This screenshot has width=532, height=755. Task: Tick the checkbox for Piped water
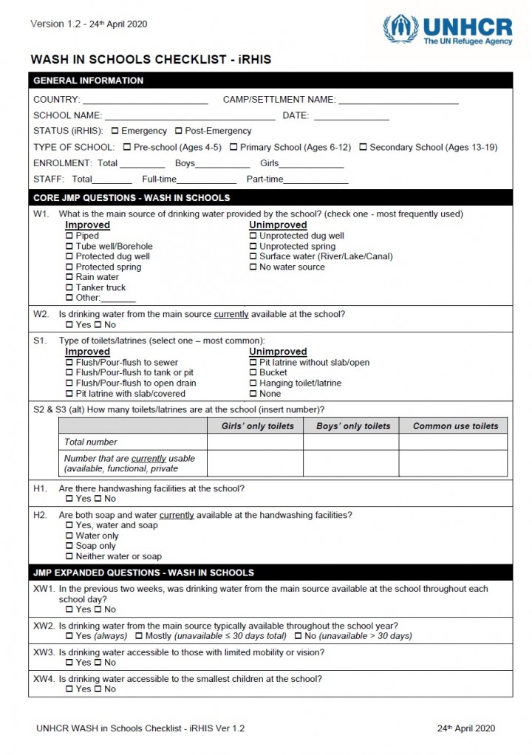tap(69, 236)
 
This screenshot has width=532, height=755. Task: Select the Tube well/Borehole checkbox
tap(69, 246)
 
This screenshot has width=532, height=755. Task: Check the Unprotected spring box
tap(253, 246)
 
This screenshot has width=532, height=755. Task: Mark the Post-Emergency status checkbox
tap(178, 131)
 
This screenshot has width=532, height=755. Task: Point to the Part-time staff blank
tap(316, 181)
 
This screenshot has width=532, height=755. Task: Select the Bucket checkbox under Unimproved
tap(253, 373)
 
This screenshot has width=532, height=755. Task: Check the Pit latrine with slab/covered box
tap(69, 394)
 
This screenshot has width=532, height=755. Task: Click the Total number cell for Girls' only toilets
tap(255, 442)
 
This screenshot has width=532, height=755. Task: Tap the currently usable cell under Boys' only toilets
tap(351, 463)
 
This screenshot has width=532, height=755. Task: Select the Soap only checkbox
tap(69, 546)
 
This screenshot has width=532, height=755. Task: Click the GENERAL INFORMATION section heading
tap(89, 81)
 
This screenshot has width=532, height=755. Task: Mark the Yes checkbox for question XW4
tap(69, 689)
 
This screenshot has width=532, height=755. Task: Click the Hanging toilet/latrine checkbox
tap(253, 383)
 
